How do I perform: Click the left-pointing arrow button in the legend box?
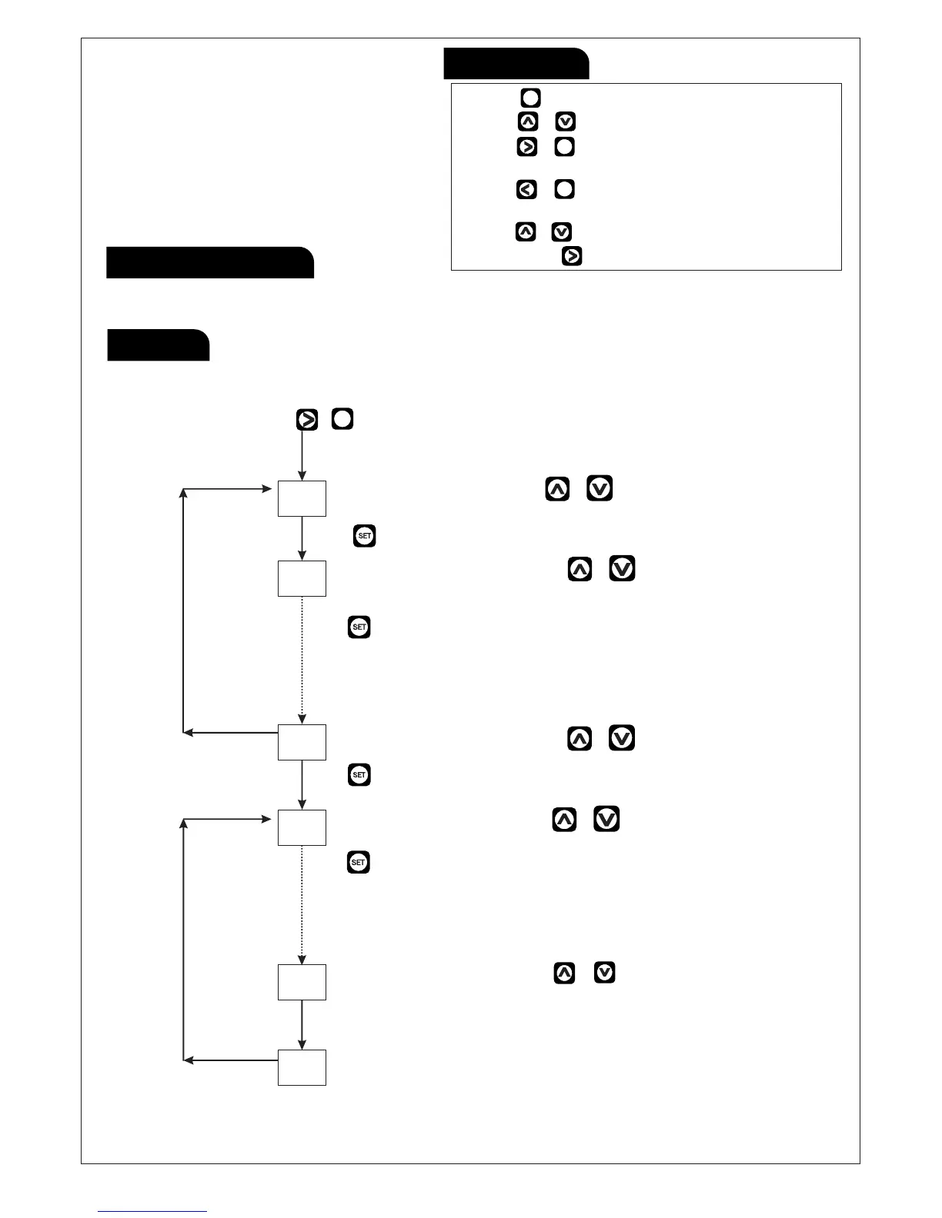tap(526, 189)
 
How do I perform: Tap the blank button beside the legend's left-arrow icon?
tap(564, 189)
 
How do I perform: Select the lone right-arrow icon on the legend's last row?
tap(572, 256)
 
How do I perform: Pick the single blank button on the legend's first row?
tap(530, 98)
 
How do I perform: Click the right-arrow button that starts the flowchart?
tap(307, 420)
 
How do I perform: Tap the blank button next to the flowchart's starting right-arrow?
tap(342, 419)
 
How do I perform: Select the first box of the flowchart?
tap(302, 498)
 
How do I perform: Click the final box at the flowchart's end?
tap(302, 1067)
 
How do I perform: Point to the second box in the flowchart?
tap(302, 578)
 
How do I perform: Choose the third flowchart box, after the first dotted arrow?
tap(302, 742)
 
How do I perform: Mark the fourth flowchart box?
tap(302, 827)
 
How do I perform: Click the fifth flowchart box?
tap(302, 982)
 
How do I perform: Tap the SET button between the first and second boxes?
tap(365, 536)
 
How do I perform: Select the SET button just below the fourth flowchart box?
tap(359, 862)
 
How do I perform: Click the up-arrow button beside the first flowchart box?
tap(557, 489)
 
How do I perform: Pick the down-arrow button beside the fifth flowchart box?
tap(605, 973)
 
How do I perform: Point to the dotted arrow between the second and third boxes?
tap(302, 660)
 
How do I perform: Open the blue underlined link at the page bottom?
tap(152, 1211)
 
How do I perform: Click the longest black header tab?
tap(210, 262)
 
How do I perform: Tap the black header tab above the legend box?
tap(516, 63)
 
